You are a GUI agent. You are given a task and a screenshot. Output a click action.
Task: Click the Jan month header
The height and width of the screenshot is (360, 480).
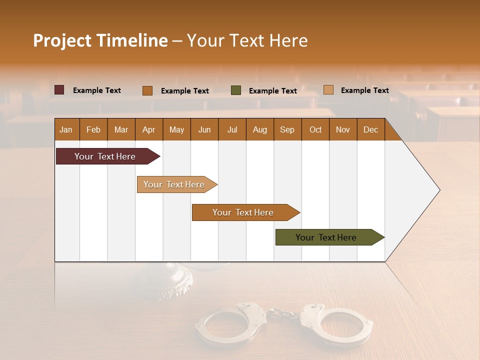click(66, 129)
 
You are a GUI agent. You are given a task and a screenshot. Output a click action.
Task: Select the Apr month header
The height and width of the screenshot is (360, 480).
click(148, 129)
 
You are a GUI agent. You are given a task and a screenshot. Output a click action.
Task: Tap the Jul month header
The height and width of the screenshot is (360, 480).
click(232, 129)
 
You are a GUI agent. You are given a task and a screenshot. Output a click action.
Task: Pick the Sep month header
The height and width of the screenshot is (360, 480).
click(287, 129)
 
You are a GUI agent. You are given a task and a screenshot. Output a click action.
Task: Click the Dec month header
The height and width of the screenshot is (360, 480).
click(370, 129)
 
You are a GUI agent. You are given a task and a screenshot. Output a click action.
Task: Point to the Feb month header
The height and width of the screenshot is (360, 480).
click(93, 129)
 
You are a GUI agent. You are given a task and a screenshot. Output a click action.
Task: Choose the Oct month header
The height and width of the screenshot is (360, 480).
click(315, 129)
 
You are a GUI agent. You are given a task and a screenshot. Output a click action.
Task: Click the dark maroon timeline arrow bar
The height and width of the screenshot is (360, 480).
click(105, 156)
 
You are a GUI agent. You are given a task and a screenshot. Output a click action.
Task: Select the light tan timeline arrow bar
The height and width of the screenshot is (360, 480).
click(174, 184)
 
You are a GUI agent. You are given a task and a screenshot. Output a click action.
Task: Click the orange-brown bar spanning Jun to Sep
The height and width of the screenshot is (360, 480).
click(243, 212)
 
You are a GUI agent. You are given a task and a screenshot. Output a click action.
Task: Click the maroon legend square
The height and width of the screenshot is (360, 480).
click(59, 90)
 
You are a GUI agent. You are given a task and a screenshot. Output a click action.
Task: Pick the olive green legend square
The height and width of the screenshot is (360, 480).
click(236, 90)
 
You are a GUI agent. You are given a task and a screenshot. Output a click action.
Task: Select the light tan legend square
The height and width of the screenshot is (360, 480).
click(328, 90)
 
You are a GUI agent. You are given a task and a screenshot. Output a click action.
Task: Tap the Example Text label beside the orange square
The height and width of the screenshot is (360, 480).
click(185, 91)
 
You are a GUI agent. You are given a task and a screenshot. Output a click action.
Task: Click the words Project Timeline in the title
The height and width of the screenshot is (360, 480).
click(100, 40)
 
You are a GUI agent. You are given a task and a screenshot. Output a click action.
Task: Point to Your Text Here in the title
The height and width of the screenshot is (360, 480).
click(247, 40)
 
